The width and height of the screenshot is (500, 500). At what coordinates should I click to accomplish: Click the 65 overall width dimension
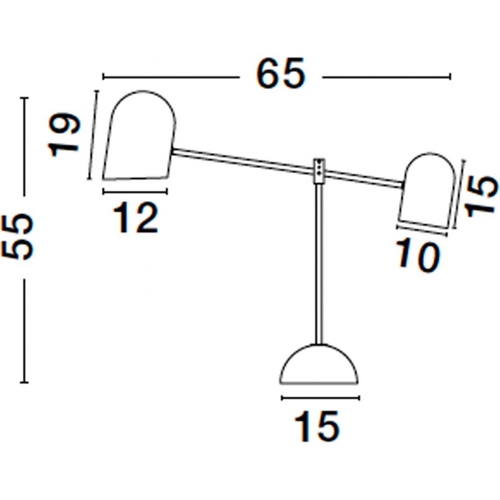(280, 73)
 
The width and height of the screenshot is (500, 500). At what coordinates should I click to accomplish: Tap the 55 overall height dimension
(17, 236)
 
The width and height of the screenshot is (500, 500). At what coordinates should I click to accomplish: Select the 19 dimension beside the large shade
(64, 134)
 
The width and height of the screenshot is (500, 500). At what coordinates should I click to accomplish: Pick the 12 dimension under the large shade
(136, 218)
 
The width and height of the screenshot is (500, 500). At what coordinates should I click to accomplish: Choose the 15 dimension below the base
(317, 427)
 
